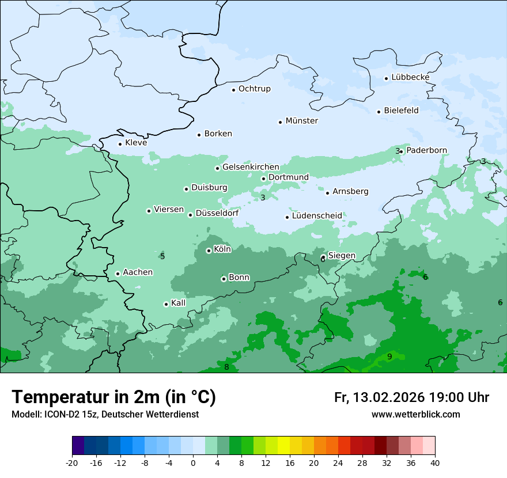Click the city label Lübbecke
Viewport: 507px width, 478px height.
410,77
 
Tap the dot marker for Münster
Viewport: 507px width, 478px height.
281,122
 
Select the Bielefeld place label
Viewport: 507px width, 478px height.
401,110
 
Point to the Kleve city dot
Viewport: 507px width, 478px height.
120,144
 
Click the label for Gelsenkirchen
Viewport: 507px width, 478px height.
251,167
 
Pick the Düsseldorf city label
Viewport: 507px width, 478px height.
217,213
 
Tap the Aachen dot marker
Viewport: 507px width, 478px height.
118,274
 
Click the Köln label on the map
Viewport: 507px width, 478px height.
222,249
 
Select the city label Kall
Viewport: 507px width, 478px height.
178,303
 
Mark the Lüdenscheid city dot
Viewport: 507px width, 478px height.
287,217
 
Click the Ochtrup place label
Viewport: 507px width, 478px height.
254,89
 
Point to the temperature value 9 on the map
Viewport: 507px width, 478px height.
389,357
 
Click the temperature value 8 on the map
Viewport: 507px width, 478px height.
226,367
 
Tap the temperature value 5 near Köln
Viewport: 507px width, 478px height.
162,256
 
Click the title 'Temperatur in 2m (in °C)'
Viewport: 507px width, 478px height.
113,397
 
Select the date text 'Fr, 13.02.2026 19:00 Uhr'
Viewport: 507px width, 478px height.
411,397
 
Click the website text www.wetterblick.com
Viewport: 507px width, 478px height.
415,415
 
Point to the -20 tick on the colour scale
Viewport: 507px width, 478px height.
72,463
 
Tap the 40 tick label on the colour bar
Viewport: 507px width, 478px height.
435,463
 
